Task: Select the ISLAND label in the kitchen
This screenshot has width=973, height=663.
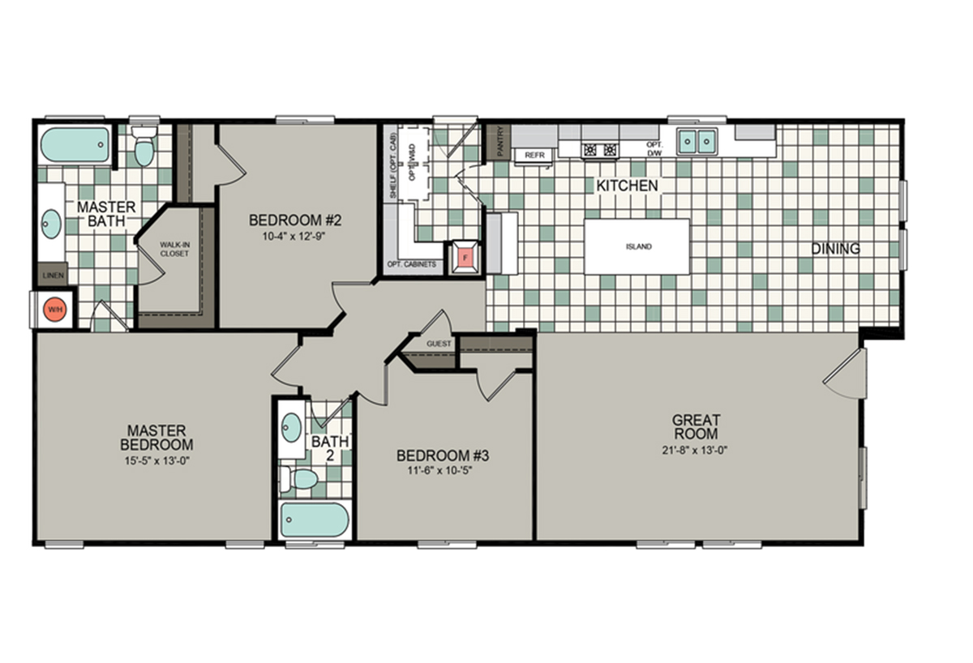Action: pos(638,246)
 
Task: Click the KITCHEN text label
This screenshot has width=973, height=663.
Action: pos(627,186)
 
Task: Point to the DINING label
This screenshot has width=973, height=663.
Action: pos(835,249)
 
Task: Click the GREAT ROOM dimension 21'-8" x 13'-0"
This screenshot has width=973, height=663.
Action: pos(696,451)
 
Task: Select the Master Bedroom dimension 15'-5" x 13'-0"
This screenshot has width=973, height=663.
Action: pos(156,460)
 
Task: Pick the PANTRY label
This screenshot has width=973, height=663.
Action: pos(499,142)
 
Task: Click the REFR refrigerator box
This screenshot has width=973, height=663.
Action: pos(533,154)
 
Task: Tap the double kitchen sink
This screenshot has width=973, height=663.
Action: pos(697,142)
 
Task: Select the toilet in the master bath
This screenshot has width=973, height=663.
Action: pos(144,148)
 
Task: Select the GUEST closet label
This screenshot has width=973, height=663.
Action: pos(439,344)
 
